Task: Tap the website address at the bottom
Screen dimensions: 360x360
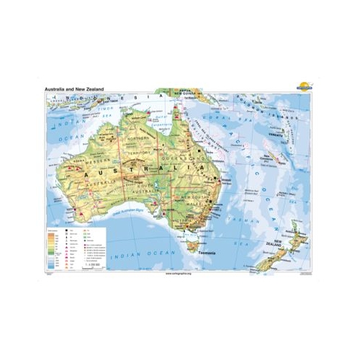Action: pyautogui.click(x=180, y=274)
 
